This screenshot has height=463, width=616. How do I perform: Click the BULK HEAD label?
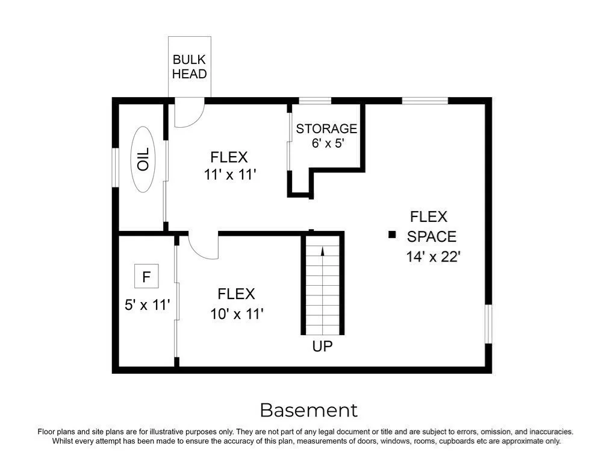[189, 66]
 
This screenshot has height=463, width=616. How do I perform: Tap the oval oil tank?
[143, 159]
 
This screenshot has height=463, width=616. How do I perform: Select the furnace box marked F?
[146, 276]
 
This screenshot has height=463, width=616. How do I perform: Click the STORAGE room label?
[326, 128]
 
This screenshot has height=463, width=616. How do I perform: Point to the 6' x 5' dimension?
[328, 143]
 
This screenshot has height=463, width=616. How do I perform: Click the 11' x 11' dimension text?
[230, 174]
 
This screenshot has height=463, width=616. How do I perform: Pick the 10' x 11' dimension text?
[237, 314]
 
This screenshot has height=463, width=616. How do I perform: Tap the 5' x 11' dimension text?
[147, 305]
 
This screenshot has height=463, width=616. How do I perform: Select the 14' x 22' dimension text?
[433, 257]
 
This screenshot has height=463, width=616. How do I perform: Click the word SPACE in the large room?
[431, 236]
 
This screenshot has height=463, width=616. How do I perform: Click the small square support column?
[391, 235]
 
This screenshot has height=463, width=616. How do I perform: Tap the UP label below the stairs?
[322, 346]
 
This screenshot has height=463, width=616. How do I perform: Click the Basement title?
[309, 411]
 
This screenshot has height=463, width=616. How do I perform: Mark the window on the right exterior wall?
[488, 324]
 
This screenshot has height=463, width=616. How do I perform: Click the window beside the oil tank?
[115, 168]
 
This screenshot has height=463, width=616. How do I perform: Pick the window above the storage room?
[315, 101]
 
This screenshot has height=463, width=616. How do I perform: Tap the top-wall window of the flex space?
[425, 101]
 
